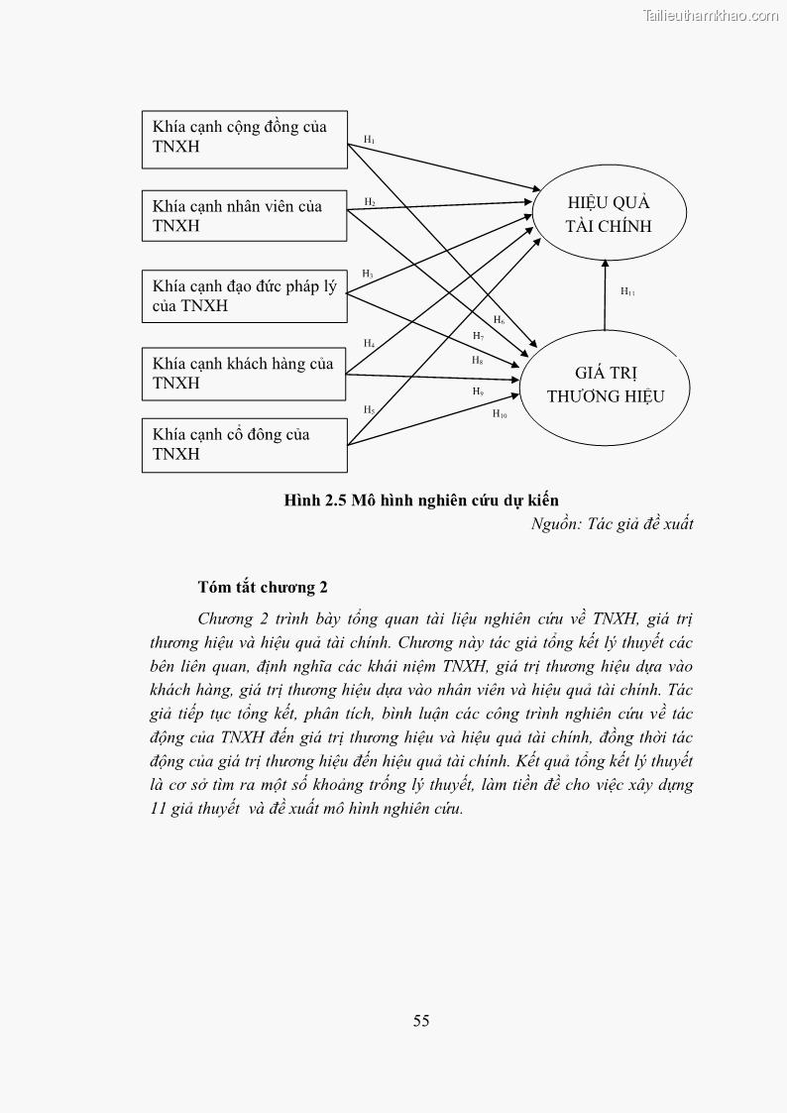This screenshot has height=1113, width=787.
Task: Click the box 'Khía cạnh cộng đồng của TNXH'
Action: click(x=244, y=138)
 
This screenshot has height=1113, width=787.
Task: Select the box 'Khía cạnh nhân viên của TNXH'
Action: click(x=244, y=216)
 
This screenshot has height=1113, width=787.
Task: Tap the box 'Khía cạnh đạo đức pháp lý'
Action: click(x=244, y=296)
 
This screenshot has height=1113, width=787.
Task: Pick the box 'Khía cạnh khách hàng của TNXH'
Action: click(x=244, y=374)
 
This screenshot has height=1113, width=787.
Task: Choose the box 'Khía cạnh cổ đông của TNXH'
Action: click(x=244, y=444)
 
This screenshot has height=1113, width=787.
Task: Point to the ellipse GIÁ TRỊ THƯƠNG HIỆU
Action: click(x=606, y=385)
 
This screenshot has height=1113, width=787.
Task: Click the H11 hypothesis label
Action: click(x=627, y=291)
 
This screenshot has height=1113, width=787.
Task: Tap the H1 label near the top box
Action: click(x=369, y=140)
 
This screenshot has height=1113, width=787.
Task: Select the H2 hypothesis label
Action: click(x=369, y=202)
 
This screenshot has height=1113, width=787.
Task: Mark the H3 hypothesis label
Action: click(x=367, y=273)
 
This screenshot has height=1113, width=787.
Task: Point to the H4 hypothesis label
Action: click(x=368, y=343)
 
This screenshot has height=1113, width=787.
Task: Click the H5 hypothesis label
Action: click(x=368, y=409)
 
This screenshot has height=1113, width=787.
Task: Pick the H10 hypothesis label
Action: click(x=500, y=413)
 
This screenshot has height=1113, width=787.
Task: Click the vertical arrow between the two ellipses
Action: click(x=605, y=294)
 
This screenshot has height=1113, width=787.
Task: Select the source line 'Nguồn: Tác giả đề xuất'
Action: click(x=612, y=524)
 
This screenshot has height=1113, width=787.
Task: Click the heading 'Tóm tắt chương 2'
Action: click(x=263, y=588)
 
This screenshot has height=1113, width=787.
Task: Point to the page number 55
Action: click(x=421, y=1021)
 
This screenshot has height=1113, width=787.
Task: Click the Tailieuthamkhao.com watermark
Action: click(x=711, y=15)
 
